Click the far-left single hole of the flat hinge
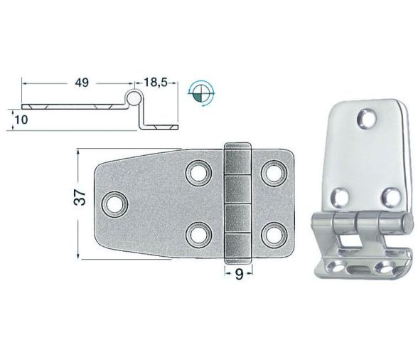pos(112,203)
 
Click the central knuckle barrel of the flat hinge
pos(239,202)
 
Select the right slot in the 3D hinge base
pos(388,268)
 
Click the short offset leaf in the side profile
pos(160,127)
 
